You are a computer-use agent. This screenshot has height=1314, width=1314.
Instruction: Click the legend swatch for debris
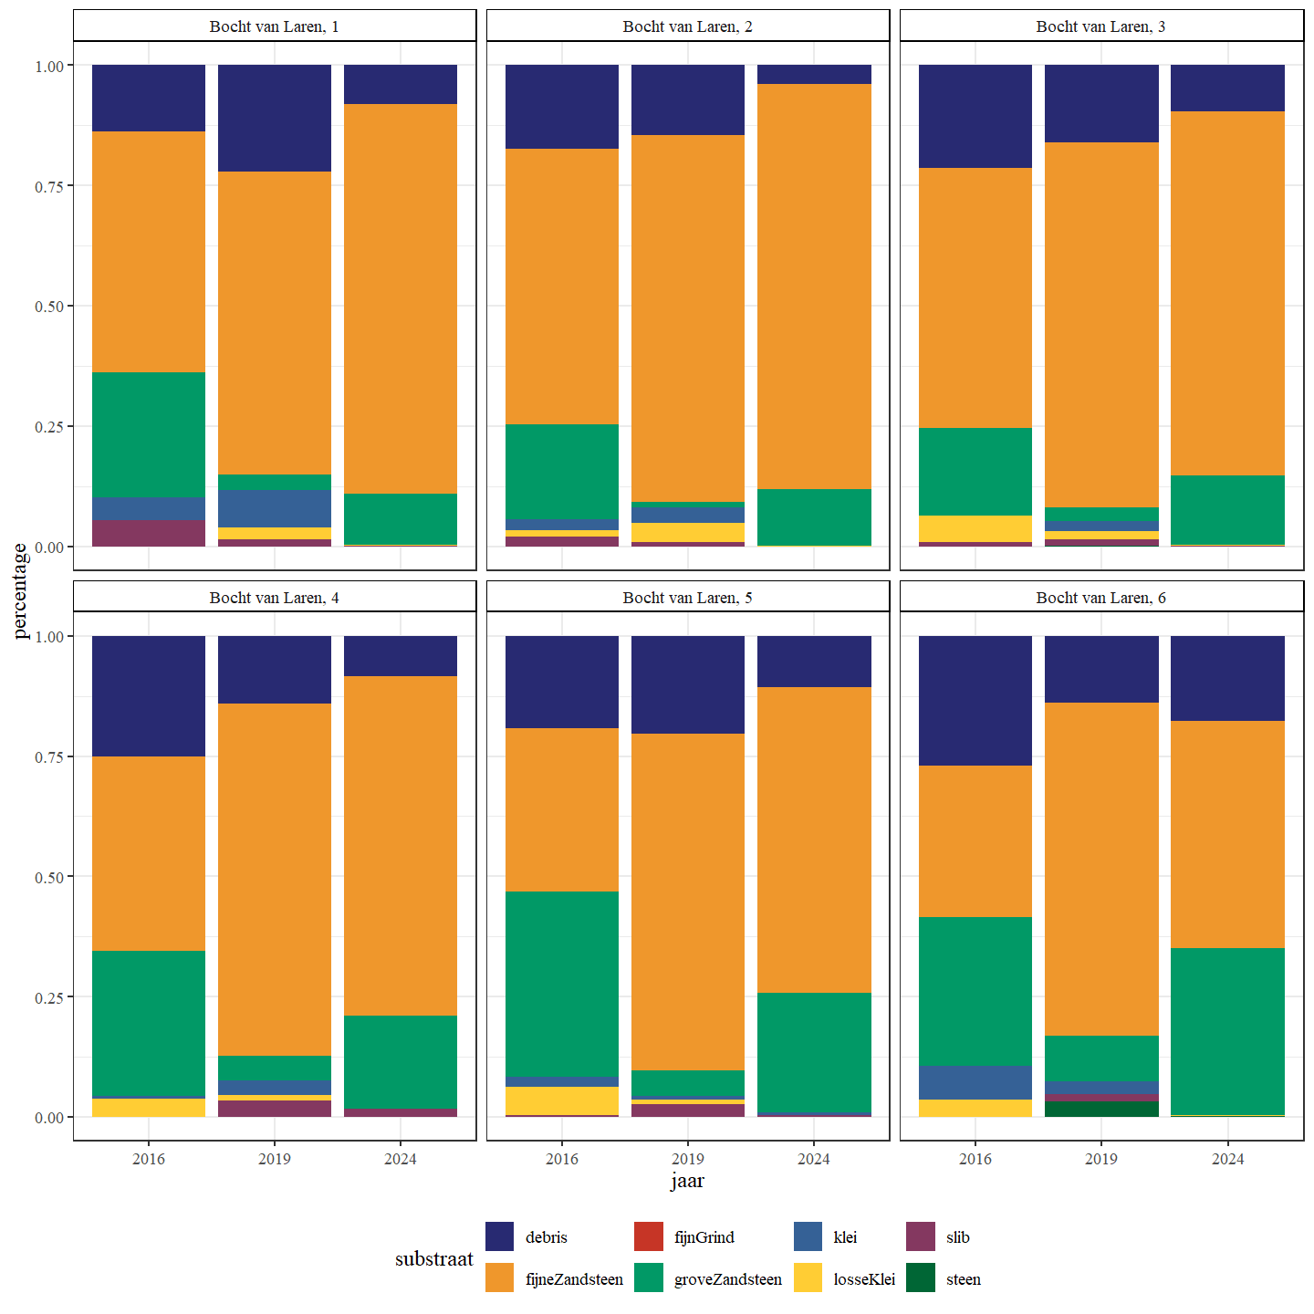click(499, 1236)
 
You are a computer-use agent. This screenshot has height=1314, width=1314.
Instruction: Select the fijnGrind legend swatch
click(648, 1236)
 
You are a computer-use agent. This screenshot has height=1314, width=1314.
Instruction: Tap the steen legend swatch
click(921, 1278)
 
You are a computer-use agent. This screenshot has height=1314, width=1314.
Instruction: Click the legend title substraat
click(433, 1258)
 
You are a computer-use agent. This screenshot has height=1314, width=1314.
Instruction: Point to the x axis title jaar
click(687, 1181)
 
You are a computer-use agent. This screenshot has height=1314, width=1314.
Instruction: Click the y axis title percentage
click(20, 591)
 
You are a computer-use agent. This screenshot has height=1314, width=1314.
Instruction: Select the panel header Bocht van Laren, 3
click(1100, 26)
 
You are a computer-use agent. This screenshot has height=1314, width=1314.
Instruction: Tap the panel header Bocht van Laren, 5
click(687, 598)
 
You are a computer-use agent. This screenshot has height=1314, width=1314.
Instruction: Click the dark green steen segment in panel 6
click(1101, 1109)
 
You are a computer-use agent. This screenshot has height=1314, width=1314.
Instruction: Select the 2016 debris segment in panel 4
click(149, 695)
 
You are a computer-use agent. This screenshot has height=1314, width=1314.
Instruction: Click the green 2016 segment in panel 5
click(562, 984)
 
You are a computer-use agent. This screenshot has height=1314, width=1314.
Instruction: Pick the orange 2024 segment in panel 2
click(814, 287)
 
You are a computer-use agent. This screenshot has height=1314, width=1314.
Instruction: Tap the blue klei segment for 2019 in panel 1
click(275, 508)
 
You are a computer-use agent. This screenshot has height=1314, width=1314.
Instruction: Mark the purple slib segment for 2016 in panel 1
click(149, 533)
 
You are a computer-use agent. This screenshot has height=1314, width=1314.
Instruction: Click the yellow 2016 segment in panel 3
click(975, 528)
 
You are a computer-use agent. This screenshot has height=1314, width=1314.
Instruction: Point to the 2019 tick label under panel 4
click(275, 1159)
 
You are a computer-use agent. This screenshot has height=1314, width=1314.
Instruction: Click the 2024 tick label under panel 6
click(1227, 1159)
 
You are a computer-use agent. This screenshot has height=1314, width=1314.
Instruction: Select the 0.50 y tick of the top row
click(49, 307)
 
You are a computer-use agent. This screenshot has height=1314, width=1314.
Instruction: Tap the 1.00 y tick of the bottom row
click(49, 637)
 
